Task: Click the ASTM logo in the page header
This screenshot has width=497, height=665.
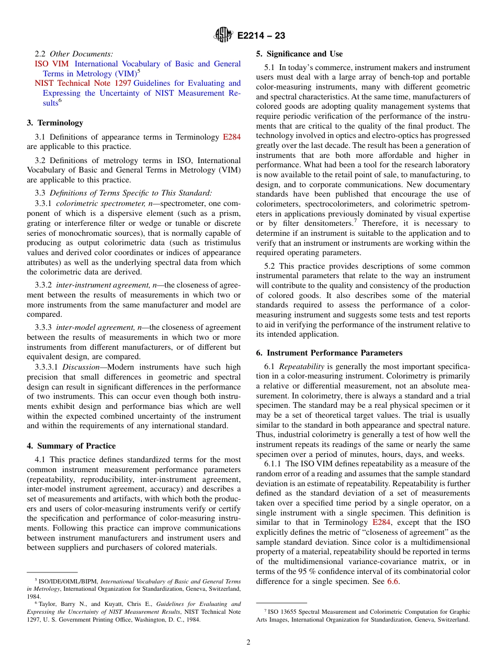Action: click(x=224, y=36)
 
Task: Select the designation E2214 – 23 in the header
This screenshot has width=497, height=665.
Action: click(x=261, y=36)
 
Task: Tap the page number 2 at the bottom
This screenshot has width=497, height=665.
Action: click(x=249, y=642)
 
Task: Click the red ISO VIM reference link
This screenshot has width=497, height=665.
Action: click(x=48, y=64)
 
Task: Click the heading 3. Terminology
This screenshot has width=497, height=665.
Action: click(x=55, y=123)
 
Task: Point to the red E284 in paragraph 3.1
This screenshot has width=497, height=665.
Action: click(x=231, y=137)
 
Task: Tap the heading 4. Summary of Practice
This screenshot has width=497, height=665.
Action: click(x=71, y=446)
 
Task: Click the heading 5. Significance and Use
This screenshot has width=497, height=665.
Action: click(x=299, y=54)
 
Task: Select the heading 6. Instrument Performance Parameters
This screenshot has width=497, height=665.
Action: click(x=329, y=353)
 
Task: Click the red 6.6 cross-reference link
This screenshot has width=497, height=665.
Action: click(x=392, y=581)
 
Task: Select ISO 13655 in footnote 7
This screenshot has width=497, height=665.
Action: click(x=283, y=612)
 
